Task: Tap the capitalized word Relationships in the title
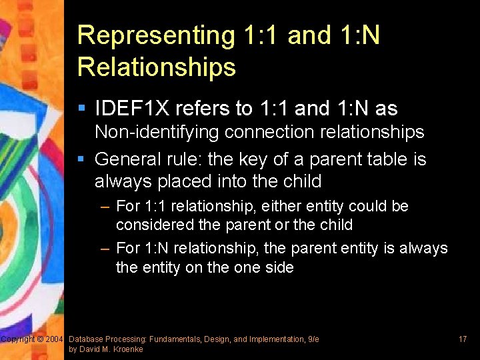coord(157,67)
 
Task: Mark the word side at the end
coord(278,267)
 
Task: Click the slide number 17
coord(462,340)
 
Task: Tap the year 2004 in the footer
coord(54,340)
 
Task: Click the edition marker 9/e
coord(313,340)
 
